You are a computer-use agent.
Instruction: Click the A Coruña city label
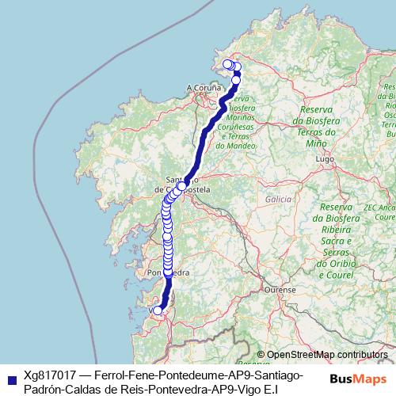(x=202, y=87)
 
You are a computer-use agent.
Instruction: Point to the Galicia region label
(x=279, y=199)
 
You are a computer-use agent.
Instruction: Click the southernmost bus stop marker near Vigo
(x=158, y=310)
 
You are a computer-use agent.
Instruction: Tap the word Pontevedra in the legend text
(x=178, y=389)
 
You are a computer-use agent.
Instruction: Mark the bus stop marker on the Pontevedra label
(x=167, y=272)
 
